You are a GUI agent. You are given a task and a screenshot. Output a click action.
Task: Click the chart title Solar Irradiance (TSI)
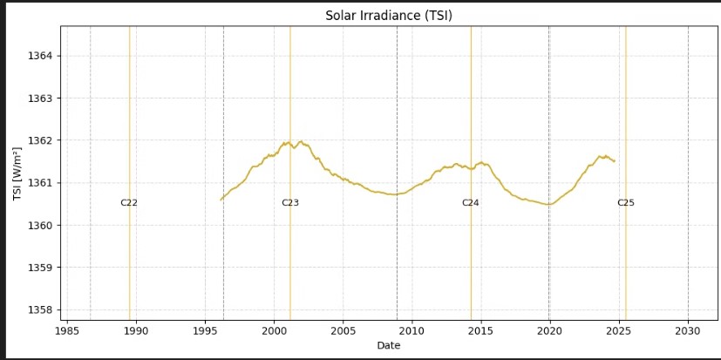click(x=389, y=16)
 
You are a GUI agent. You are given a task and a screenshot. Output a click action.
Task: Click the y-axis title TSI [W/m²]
click(x=17, y=173)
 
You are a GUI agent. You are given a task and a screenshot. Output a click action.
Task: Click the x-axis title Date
click(x=389, y=346)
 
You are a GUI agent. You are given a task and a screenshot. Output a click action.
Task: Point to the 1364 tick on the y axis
click(x=41, y=56)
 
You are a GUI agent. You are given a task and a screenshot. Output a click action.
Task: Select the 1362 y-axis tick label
click(x=41, y=140)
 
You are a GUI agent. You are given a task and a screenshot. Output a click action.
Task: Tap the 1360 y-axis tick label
click(x=41, y=225)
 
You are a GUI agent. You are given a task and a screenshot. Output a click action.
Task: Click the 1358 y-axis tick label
click(x=41, y=309)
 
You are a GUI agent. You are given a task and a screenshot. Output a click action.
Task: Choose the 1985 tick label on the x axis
click(x=67, y=331)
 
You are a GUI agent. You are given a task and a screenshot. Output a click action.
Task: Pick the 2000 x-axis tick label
click(x=274, y=331)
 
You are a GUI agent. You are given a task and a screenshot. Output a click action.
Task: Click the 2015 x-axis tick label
click(x=480, y=331)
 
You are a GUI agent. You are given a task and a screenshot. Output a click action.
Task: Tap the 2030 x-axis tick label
click(x=688, y=331)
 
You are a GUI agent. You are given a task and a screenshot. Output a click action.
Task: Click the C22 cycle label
click(x=129, y=203)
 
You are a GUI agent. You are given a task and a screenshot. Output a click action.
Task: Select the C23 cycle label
click(x=290, y=203)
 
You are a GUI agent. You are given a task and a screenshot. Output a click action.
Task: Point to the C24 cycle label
click(x=471, y=203)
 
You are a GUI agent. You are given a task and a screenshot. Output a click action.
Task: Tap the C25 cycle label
click(x=626, y=203)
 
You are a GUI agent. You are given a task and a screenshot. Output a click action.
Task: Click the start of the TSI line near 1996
click(x=221, y=200)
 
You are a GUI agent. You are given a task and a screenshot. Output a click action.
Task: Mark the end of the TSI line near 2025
click(x=615, y=161)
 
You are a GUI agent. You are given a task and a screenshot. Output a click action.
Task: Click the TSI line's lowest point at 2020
click(x=548, y=204)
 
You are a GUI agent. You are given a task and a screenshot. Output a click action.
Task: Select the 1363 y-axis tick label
click(x=41, y=98)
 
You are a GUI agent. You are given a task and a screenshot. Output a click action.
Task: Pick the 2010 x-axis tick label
click(x=412, y=331)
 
